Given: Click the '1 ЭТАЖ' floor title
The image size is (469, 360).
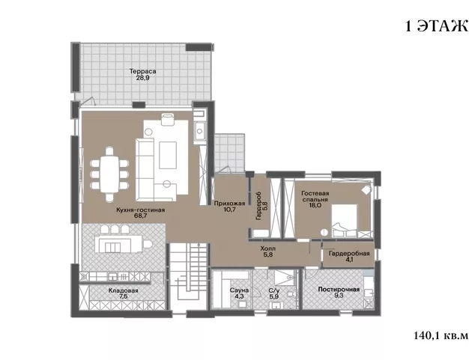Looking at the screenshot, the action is click(x=437, y=27).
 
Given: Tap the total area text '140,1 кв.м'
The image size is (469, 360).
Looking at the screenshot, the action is click(x=441, y=335).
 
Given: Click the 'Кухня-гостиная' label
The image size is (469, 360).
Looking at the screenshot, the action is click(x=141, y=210).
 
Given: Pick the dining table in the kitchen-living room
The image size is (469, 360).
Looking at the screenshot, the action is click(x=110, y=174).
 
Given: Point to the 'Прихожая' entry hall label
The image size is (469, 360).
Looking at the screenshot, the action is click(x=229, y=204).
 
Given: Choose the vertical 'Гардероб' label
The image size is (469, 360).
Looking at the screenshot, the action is click(x=258, y=206).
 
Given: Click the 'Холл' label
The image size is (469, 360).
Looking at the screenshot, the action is click(x=268, y=248).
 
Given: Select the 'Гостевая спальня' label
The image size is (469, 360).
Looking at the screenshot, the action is click(x=315, y=196).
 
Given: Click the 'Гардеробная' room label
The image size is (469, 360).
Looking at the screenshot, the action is click(x=349, y=253).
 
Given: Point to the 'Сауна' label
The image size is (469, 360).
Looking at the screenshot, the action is click(x=239, y=290).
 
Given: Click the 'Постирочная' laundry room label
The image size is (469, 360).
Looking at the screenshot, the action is click(x=339, y=289).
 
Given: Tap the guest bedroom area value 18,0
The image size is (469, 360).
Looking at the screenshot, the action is click(x=315, y=206).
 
